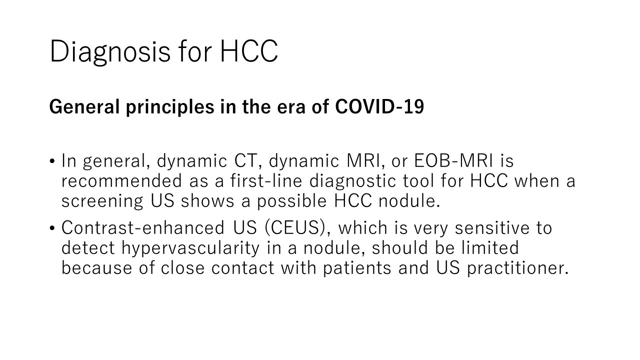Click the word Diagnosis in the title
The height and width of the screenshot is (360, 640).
(x=110, y=51)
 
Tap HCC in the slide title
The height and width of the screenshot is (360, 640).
(x=249, y=51)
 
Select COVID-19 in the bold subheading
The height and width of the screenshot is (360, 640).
(x=379, y=106)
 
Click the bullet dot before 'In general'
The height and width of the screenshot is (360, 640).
(x=51, y=161)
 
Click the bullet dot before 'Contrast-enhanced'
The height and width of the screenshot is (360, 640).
(x=51, y=228)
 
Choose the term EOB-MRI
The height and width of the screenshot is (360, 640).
(x=453, y=160)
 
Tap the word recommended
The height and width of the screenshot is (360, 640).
(x=121, y=180)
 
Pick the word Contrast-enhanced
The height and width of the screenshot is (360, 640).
(x=143, y=228)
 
